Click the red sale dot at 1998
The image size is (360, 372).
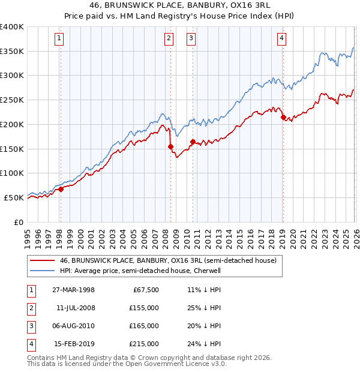click(x=61, y=189)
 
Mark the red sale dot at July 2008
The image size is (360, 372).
click(x=170, y=146)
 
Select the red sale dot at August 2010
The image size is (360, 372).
click(x=193, y=142)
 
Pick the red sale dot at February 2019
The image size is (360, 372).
click(x=283, y=118)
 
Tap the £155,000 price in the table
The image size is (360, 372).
click(x=145, y=308)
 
